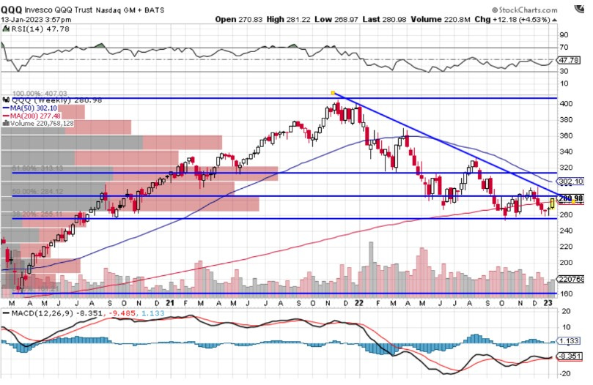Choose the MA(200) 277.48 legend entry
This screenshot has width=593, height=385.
click(x=36, y=116)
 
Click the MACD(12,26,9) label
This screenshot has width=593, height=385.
click(x=37, y=314)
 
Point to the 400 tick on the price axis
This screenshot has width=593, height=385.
click(x=565, y=105)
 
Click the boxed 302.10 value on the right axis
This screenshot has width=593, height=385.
click(x=571, y=181)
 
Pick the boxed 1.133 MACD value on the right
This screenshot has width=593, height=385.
click(x=570, y=341)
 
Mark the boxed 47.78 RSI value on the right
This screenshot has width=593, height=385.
click(x=570, y=60)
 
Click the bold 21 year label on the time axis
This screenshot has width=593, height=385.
click(x=169, y=302)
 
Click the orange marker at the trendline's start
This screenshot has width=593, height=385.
click(x=333, y=93)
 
